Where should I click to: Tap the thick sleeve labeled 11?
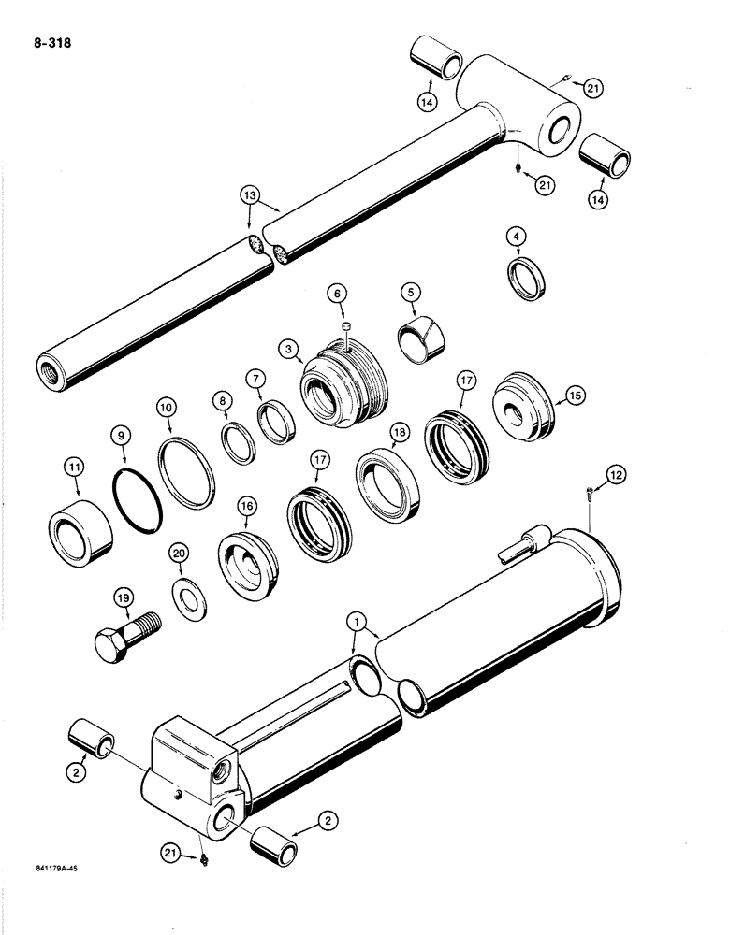80,531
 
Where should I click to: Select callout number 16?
246,508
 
